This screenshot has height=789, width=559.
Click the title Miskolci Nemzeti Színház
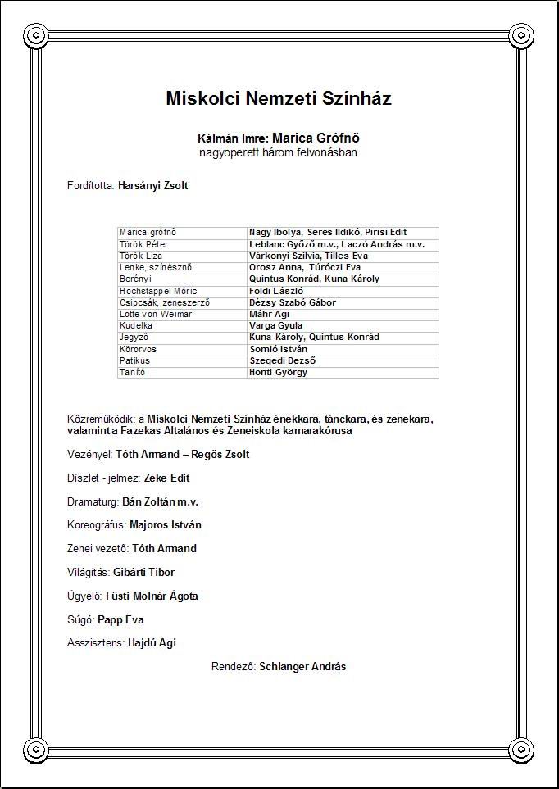pyautogui.click(x=279, y=99)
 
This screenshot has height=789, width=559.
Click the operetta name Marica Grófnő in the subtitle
pyautogui.click(x=316, y=138)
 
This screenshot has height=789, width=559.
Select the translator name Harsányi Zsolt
pyautogui.click(x=153, y=186)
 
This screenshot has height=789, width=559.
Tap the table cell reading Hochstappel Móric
pyautogui.click(x=153, y=291)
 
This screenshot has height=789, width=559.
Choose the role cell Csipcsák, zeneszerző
pyautogui.click(x=165, y=302)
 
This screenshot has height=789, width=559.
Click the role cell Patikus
pyautogui.click(x=135, y=360)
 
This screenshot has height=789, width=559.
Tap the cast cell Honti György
pyautogui.click(x=279, y=372)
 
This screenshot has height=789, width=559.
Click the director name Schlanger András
pyautogui.click(x=302, y=667)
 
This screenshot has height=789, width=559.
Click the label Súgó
pyautogui.click(x=80, y=620)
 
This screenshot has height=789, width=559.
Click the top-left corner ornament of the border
pyautogui.click(x=36, y=34)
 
